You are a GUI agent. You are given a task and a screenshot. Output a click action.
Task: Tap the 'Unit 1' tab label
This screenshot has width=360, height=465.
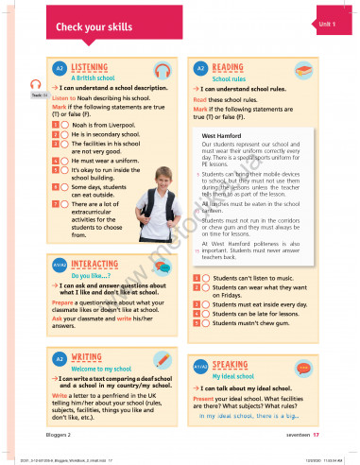tap(326, 22)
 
